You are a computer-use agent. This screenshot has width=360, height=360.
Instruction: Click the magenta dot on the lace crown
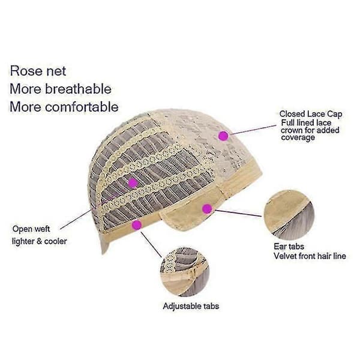click(223, 136)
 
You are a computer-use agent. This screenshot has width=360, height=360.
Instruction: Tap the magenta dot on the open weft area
click(133, 183)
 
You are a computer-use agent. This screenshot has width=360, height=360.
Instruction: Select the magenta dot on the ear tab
click(207, 209)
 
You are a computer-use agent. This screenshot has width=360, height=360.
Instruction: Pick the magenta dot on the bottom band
click(137, 225)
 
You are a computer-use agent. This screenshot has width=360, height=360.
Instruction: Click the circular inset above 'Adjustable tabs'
click(185, 272)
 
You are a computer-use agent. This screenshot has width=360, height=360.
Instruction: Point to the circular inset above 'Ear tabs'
click(289, 215)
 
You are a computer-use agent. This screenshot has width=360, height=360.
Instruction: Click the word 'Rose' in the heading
click(26, 71)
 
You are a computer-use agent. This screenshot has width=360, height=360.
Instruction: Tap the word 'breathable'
click(78, 89)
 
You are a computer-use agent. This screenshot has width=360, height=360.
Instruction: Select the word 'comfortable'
click(82, 107)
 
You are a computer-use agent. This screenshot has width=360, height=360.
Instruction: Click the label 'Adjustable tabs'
click(191, 306)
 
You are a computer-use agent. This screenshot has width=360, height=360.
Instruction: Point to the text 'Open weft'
click(31, 229)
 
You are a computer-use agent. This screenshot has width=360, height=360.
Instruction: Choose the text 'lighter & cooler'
click(40, 241)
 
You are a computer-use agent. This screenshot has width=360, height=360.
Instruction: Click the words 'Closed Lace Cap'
click(311, 114)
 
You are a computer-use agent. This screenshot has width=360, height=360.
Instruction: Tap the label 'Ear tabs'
click(289, 247)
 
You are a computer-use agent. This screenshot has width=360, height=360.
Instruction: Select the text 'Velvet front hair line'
click(310, 256)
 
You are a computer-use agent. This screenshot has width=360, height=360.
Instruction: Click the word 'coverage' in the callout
click(298, 138)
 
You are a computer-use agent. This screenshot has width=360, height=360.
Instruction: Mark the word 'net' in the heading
click(56, 71)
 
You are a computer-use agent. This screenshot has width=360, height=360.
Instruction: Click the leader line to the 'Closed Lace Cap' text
click(253, 130)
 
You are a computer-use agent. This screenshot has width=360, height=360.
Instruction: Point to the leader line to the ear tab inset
click(238, 213)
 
